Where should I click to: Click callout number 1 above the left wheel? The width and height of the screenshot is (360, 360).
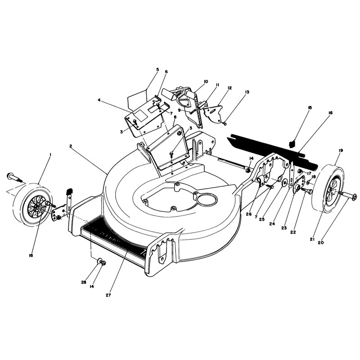(50, 155)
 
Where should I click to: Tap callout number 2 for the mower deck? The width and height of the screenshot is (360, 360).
(71, 146)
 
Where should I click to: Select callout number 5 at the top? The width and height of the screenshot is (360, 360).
(157, 69)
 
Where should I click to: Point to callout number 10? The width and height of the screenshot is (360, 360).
(206, 81)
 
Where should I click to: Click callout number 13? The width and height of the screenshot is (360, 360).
(247, 92)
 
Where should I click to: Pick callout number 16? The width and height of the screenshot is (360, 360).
(330, 113)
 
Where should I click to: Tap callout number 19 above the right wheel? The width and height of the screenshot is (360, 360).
(341, 150)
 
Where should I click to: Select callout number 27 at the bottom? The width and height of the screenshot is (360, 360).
(108, 295)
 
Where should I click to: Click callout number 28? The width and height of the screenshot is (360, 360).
(84, 283)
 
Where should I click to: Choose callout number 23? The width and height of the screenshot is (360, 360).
(284, 228)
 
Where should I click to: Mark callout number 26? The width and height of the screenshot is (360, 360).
(249, 214)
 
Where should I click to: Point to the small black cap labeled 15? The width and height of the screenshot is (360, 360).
(292, 144)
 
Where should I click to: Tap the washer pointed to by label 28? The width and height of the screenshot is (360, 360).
(99, 261)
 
